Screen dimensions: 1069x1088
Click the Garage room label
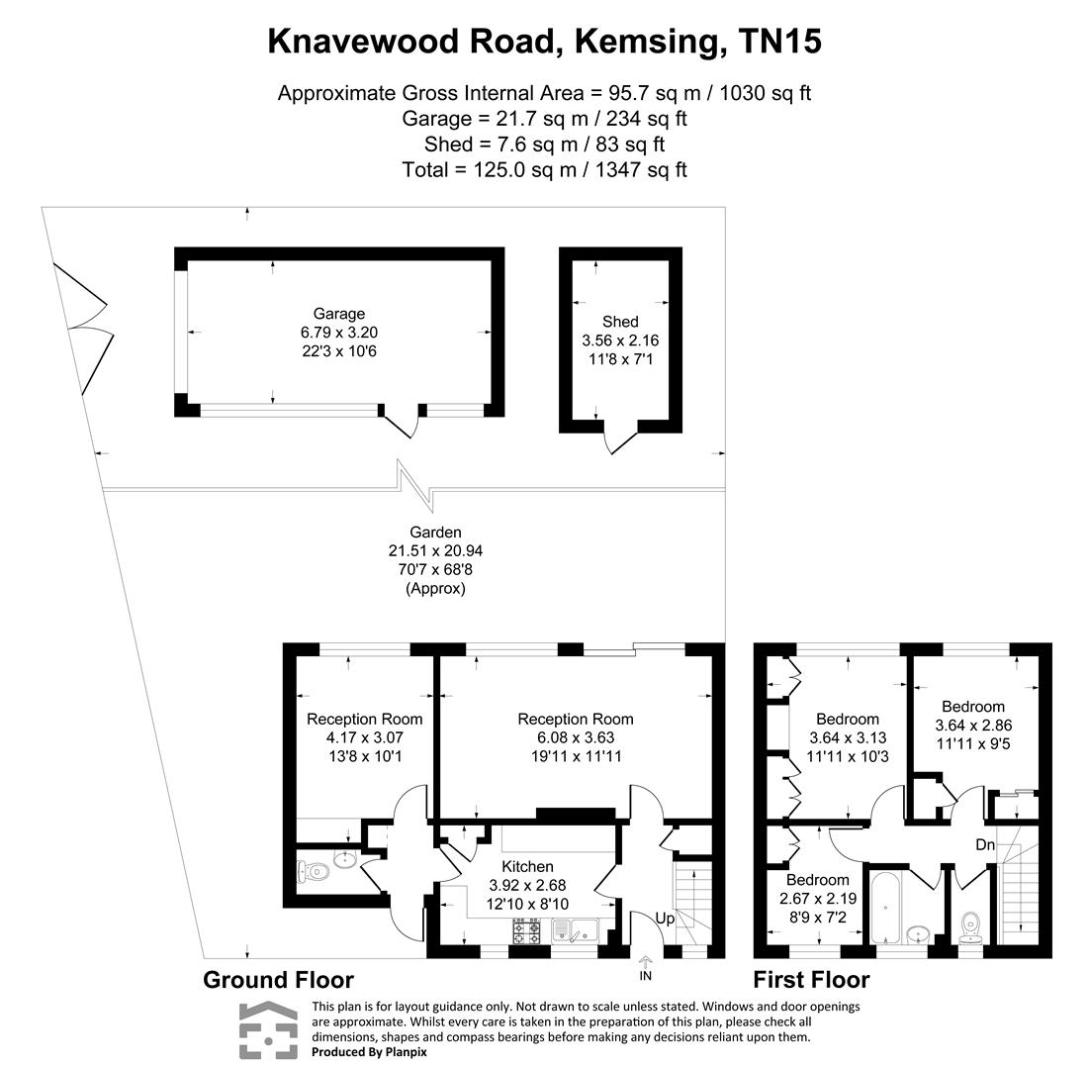pyautogui.click(x=339, y=315)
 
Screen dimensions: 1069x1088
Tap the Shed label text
pyautogui.click(x=620, y=322)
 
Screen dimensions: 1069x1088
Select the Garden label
pyautogui.click(x=435, y=533)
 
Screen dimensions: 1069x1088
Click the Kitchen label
pyautogui.click(x=527, y=867)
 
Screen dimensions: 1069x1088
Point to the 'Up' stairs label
pyautogui.click(x=665, y=920)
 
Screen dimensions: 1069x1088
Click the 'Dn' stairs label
pyautogui.click(x=985, y=845)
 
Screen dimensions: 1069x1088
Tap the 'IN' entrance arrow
pyautogui.click(x=646, y=963)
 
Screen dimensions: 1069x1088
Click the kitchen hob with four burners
pyautogui.click(x=526, y=931)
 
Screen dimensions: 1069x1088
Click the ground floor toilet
pyautogui.click(x=313, y=872)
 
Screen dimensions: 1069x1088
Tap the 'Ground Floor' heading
pyautogui.click(x=278, y=980)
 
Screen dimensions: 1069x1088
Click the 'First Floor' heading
pyautogui.click(x=811, y=980)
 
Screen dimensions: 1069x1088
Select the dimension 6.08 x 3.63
pyautogui.click(x=576, y=737)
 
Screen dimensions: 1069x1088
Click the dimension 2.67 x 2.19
pyautogui.click(x=817, y=899)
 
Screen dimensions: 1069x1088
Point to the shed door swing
pyautogui.click(x=619, y=439)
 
